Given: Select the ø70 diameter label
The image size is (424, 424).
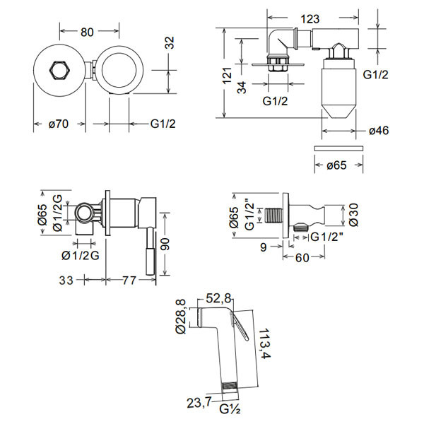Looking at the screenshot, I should (x=58, y=124).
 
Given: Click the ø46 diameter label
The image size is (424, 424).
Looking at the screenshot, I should (x=379, y=131).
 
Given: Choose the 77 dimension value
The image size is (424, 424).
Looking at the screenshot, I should (x=129, y=281).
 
